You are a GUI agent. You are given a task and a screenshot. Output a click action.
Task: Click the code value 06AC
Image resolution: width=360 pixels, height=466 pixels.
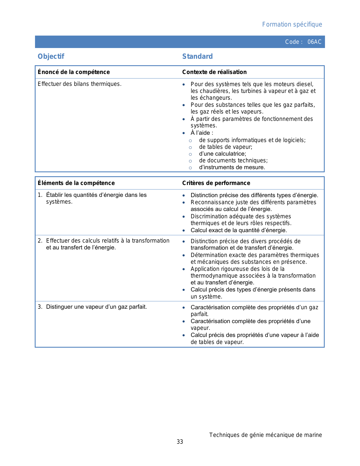point(314,42)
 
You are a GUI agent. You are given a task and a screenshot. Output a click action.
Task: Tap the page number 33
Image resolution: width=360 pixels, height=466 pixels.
point(180,442)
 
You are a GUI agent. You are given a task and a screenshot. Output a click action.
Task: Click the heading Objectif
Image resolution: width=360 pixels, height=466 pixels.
point(51,56)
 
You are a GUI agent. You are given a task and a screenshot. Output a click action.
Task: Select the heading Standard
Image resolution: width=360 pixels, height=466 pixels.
point(197,56)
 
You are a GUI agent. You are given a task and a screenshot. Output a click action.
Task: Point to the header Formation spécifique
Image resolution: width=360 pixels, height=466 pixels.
point(292,25)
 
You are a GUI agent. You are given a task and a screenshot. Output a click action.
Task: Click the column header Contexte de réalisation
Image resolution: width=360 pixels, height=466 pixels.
point(214,72)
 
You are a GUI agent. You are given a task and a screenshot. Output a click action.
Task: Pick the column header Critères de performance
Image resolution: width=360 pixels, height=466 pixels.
point(216,183)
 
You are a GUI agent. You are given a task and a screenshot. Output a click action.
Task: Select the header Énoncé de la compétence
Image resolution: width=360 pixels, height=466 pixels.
point(74,72)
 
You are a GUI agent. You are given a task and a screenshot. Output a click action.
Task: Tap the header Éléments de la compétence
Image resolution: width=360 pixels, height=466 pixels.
point(76,183)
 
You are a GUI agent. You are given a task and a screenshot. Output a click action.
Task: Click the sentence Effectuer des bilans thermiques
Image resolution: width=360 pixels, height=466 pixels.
point(80,84)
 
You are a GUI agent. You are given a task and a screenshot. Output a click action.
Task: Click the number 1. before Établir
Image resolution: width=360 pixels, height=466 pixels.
point(40,195)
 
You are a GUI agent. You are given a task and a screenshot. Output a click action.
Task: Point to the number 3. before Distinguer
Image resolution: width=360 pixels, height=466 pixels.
point(40,307)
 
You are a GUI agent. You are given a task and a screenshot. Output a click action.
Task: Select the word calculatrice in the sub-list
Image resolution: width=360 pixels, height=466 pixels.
point(230,154)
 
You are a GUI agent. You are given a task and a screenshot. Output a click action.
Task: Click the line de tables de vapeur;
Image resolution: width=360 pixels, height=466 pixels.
point(226,147)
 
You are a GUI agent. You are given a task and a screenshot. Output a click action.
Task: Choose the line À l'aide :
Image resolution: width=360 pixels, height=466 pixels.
point(202,133)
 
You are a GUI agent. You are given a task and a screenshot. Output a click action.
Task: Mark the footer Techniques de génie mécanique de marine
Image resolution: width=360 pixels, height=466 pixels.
point(265,435)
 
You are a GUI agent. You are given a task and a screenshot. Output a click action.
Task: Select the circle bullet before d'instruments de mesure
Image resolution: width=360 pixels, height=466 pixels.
point(191,168)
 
